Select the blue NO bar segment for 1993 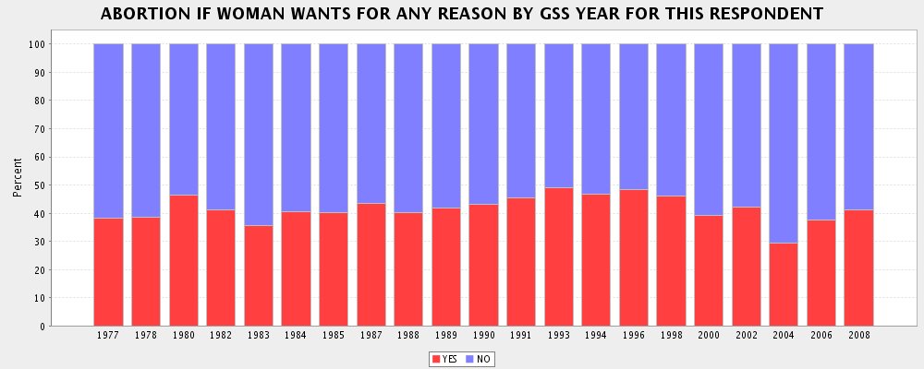(558, 115)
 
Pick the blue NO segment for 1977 (108, 130)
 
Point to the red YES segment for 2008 (858, 268)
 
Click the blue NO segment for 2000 (709, 129)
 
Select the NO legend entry (478, 359)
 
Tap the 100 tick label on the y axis (35, 44)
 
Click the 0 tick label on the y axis (41, 327)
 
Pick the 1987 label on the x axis (371, 337)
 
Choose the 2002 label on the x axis (746, 337)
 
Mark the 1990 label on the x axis (483, 337)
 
